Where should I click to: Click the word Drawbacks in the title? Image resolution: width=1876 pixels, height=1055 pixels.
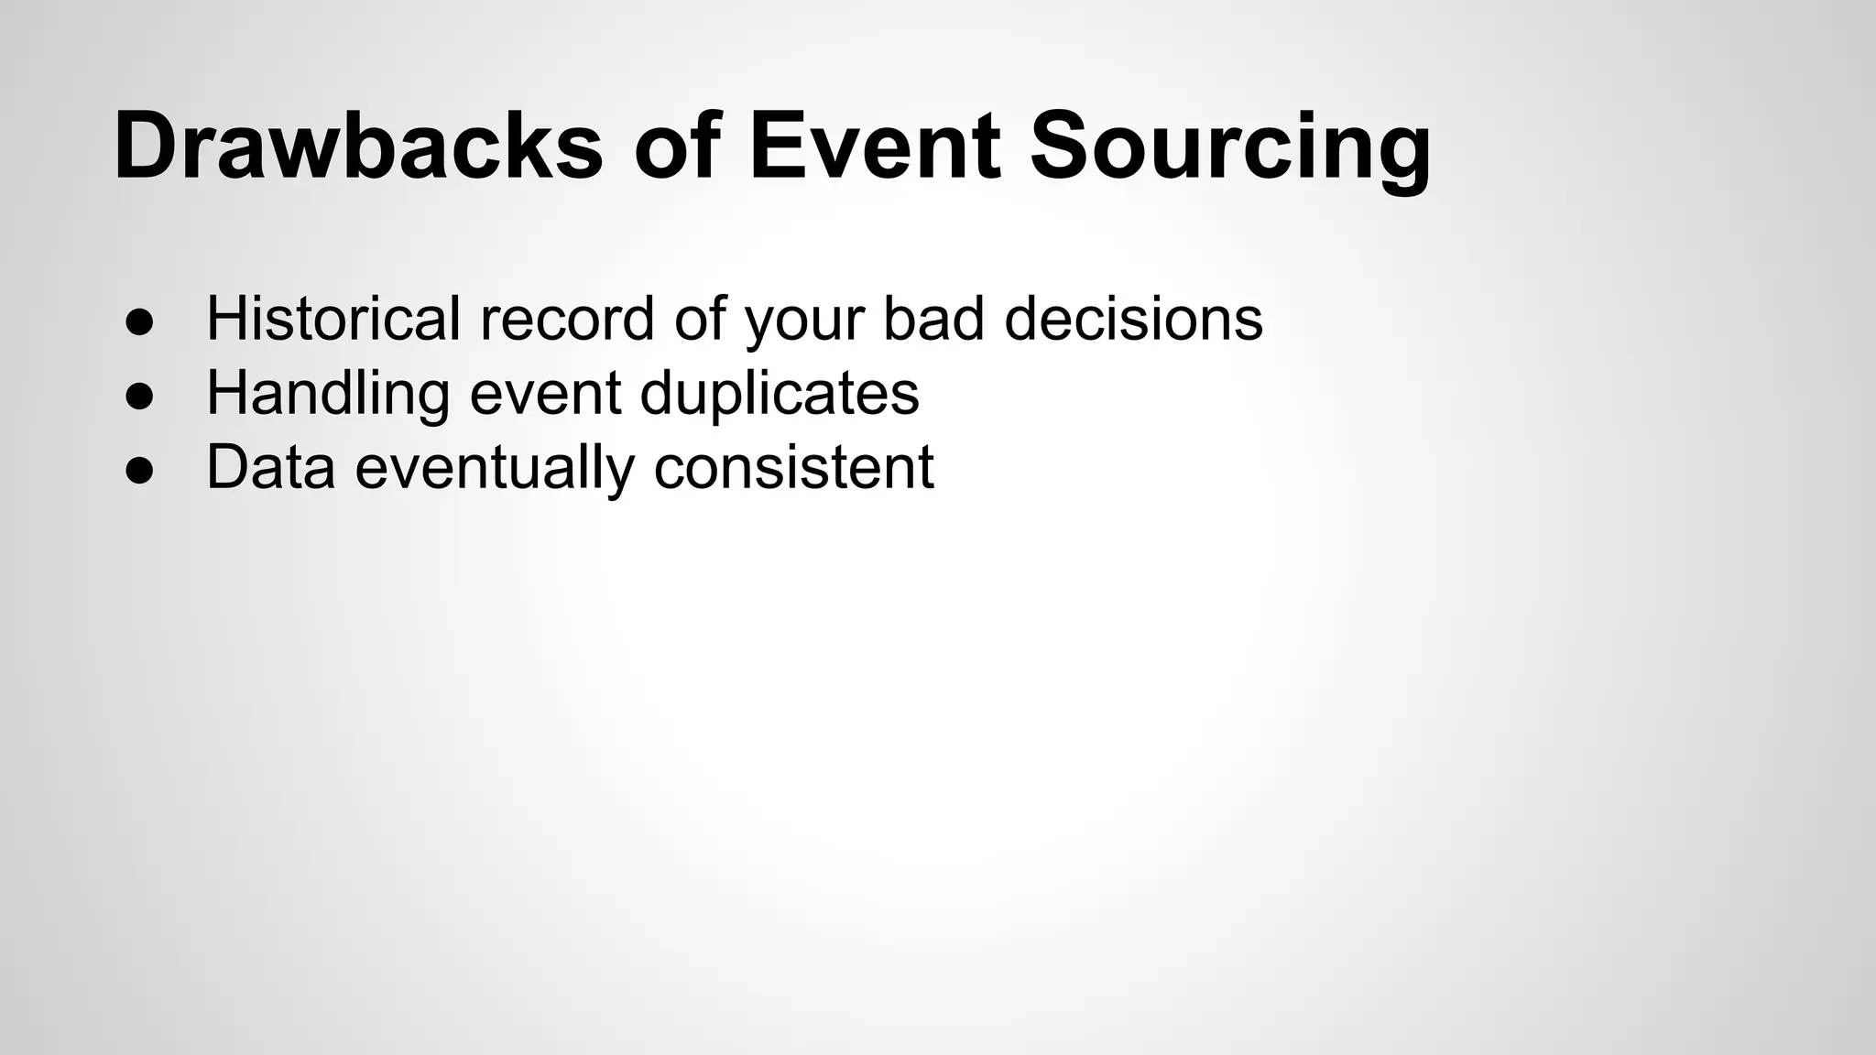pyautogui.click(x=358, y=147)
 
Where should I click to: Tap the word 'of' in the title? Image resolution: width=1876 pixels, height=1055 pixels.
pyautogui.click(x=679, y=147)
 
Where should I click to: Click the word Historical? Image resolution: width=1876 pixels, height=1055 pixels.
pyautogui.click(x=333, y=319)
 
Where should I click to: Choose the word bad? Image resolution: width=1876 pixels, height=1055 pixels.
pyautogui.click(x=933, y=319)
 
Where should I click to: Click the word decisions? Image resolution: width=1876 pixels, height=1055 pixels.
pyautogui.click(x=1133, y=319)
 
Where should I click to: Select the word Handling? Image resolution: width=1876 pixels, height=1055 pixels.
pyautogui.click(x=328, y=394)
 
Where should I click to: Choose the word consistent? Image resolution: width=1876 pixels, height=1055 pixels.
pyautogui.click(x=793, y=467)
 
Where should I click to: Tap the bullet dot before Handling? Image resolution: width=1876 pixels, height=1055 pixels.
pyautogui.click(x=138, y=397)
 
